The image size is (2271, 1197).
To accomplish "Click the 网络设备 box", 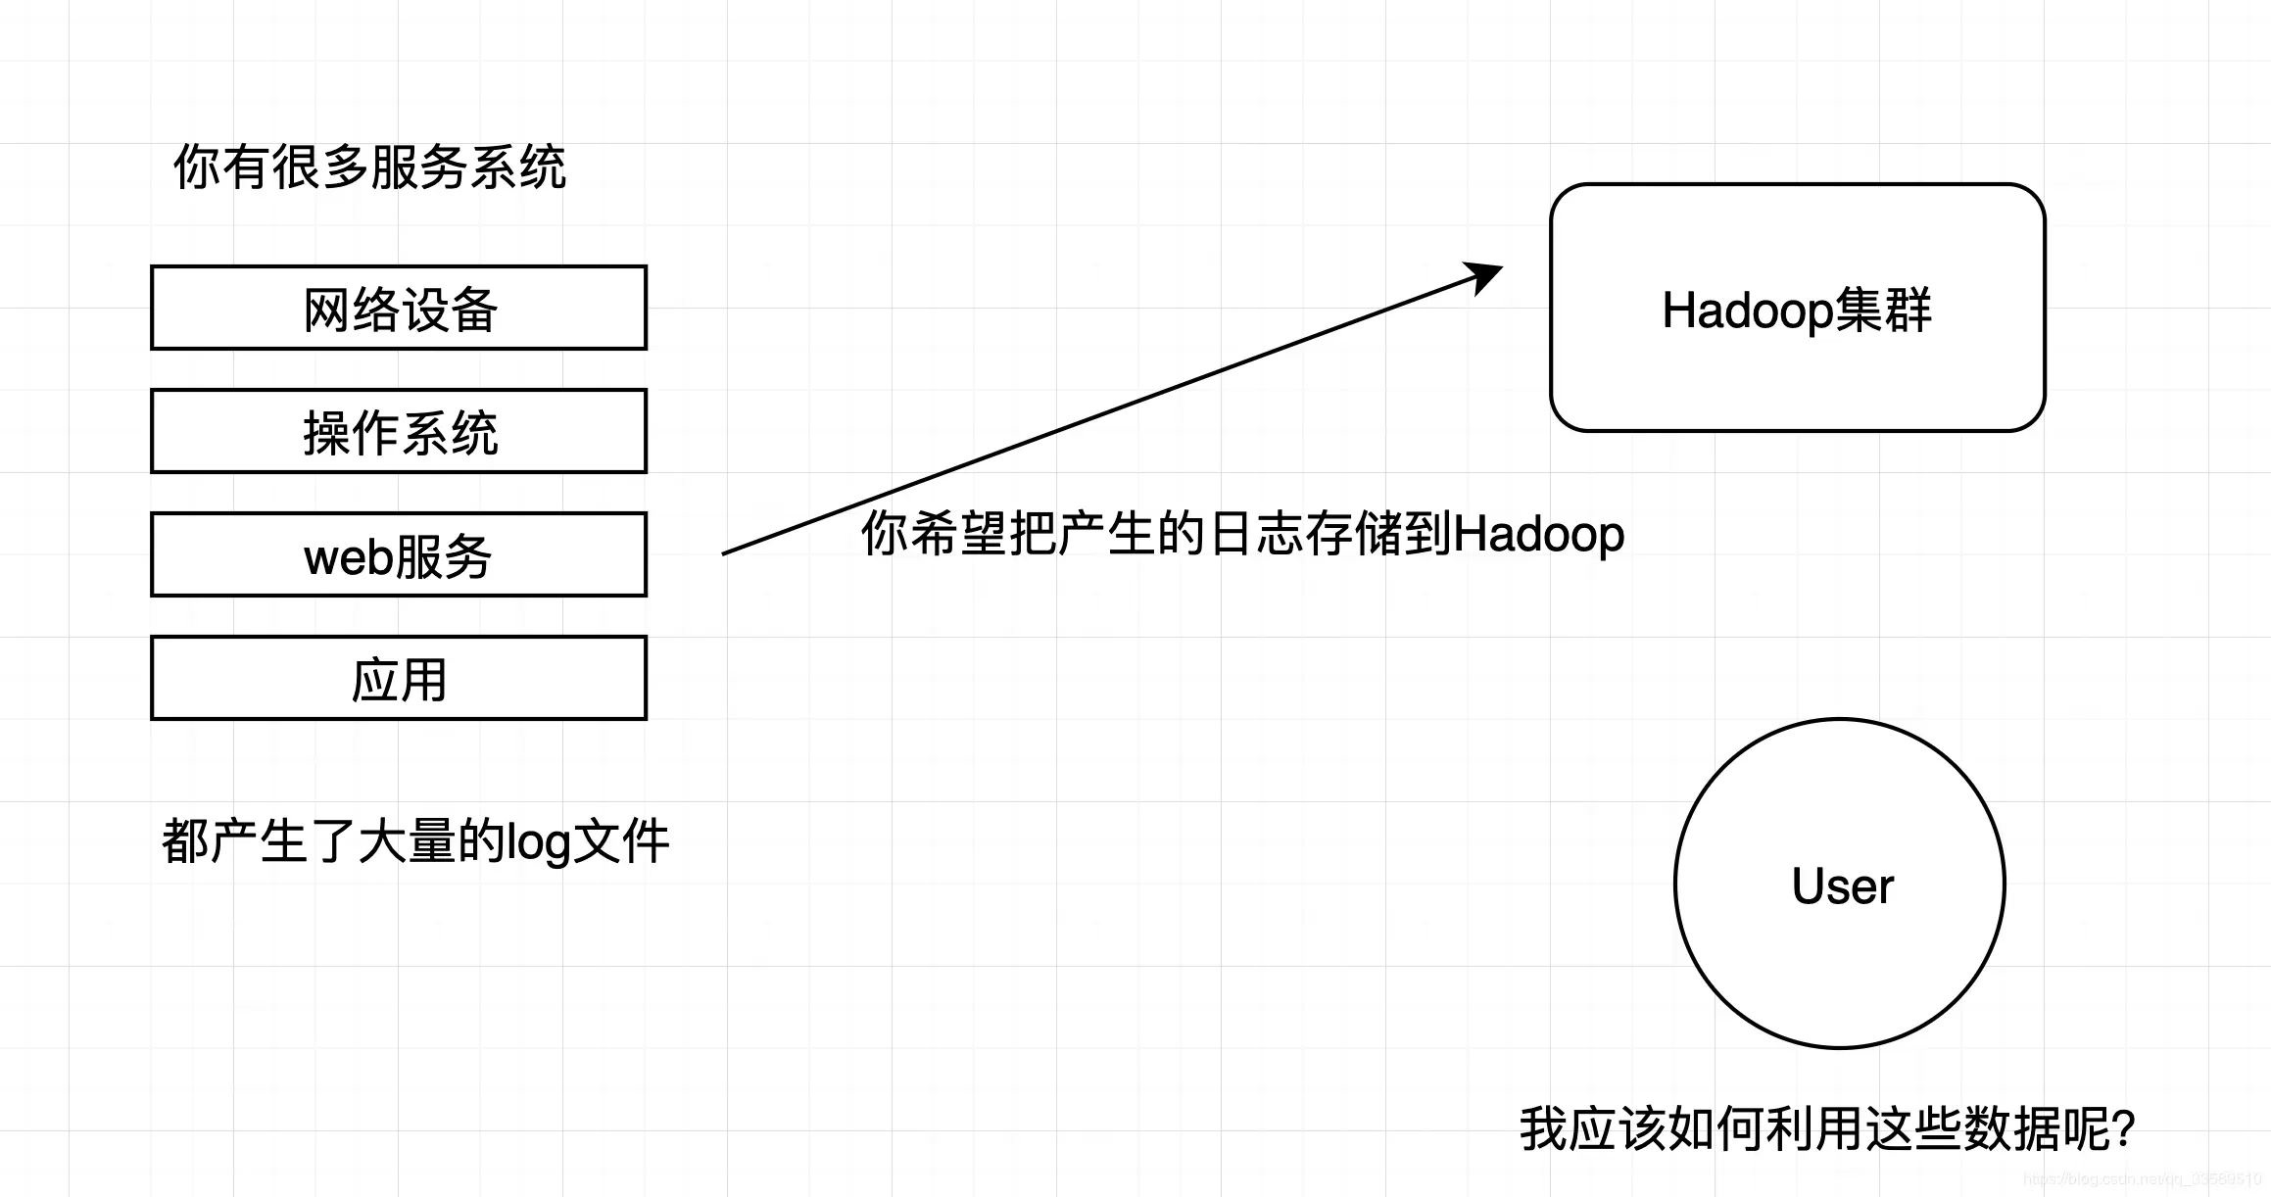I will pos(399,308).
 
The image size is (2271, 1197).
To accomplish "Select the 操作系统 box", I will pos(399,431).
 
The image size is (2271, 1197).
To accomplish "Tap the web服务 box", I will pos(399,554).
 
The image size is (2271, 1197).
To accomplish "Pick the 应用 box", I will pos(399,678).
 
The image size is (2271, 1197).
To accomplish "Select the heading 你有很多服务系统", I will pos(369,167).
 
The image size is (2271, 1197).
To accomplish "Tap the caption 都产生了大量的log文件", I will pos(415,841).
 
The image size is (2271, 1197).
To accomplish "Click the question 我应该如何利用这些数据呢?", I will pos(1827,1128).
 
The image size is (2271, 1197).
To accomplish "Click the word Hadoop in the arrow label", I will pos(1538,535).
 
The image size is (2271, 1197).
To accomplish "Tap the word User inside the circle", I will pos(1842,886).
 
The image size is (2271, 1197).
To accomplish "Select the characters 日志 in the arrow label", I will pos(1256,534).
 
